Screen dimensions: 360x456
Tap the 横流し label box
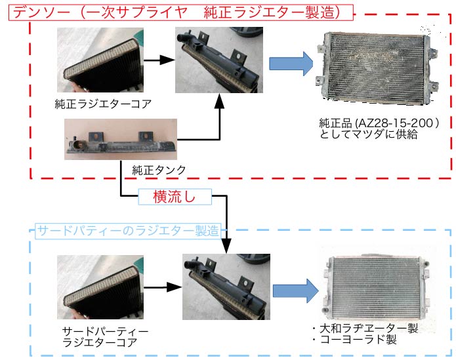[174, 196]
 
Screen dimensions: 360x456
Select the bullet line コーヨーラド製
[354, 340]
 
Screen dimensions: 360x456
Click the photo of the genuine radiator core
[98, 60]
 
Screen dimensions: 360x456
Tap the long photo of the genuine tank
[121, 139]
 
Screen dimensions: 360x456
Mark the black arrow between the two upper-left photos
[158, 60]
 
